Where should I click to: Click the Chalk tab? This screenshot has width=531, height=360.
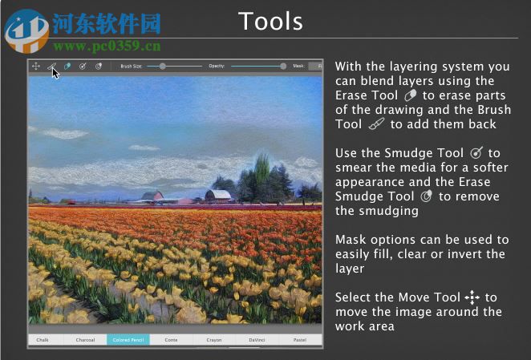pos(43,340)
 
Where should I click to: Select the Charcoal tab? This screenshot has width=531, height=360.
pos(85,340)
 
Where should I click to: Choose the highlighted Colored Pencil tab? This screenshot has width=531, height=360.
pos(128,340)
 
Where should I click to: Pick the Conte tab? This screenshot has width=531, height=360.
pos(171,340)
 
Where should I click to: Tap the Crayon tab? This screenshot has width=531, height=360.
pos(213,340)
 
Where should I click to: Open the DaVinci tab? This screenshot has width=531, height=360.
pos(257,340)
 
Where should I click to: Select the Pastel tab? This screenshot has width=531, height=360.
pos(299,340)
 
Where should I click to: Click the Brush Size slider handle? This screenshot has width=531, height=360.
pos(163,66)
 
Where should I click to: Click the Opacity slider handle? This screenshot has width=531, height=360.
pos(283,66)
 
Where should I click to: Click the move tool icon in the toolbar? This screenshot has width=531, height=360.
pos(36,66)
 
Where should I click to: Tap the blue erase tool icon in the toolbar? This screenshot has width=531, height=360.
pos(67,66)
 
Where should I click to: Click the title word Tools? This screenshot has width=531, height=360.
pos(270,21)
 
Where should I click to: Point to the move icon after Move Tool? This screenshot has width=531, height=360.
pos(472,297)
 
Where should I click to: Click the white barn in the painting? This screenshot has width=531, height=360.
pos(217,194)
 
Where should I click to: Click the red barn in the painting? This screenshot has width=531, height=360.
pos(152,195)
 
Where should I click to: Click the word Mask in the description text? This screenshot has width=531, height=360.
pos(351,240)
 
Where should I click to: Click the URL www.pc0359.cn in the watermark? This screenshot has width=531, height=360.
pos(107,47)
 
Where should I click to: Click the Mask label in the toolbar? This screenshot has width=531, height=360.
pos(298,66)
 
